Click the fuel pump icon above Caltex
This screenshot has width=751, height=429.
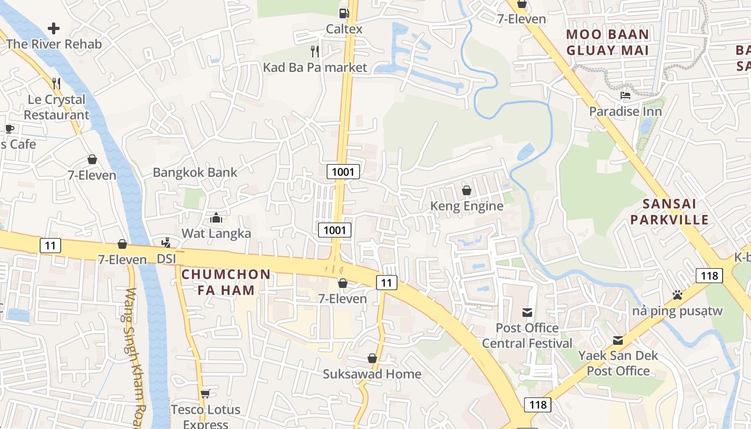tap(344, 13)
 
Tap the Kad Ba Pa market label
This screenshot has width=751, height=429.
tap(315, 67)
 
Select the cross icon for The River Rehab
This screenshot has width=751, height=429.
tap(54, 28)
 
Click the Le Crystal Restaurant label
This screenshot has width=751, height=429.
tap(56, 107)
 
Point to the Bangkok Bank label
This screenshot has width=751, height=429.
tap(195, 173)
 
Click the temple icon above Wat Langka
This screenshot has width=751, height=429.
tap(216, 218)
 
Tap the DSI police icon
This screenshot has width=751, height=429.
tap(166, 243)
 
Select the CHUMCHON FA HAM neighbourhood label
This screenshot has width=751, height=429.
tap(226, 282)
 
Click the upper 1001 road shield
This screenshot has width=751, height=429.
tap(343, 172)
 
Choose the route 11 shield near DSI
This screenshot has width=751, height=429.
tap(50, 246)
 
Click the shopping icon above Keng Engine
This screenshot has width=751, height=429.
tap(467, 190)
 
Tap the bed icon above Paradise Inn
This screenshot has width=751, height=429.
tap(625, 96)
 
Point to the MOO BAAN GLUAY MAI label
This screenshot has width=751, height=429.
tap(608, 42)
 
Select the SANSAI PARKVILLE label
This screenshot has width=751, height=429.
tap(669, 211)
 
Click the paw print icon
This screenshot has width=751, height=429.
tap(678, 295)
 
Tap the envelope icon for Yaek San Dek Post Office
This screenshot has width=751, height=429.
tap(618, 340)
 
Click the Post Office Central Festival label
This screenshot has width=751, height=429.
tap(527, 335)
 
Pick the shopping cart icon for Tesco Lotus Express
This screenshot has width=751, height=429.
tap(205, 394)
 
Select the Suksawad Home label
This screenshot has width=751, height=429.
tap(372, 374)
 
